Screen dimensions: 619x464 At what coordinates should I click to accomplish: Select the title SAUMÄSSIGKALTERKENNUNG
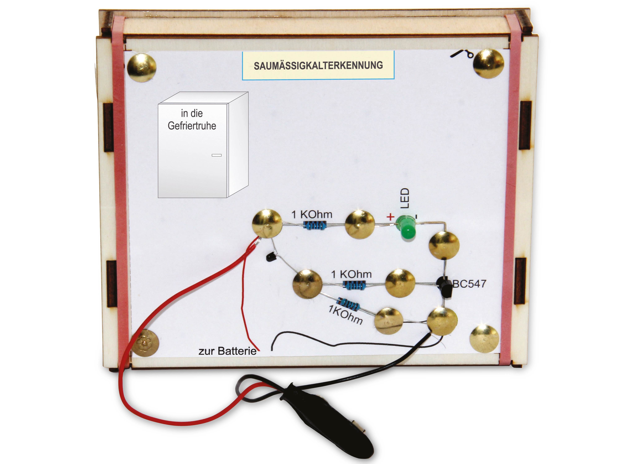coord(318,65)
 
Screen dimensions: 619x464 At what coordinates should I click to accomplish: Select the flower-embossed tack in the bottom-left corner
coord(145,343)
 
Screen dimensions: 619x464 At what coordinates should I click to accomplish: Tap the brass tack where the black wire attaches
coord(442,322)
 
